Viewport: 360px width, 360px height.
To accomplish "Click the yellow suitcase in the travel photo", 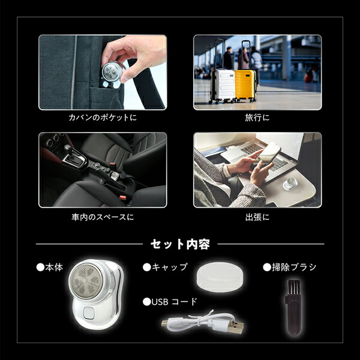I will point(245,85).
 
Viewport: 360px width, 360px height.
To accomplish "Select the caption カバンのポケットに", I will point(102,118).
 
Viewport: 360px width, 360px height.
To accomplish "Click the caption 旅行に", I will point(257,118).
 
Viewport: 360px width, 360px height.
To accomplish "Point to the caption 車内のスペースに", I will point(102,216).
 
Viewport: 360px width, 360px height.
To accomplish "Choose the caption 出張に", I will point(257,216).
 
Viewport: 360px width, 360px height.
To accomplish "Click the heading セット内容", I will point(179,244).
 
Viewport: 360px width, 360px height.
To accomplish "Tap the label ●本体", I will point(50,267).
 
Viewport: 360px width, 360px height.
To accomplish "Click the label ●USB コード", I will point(170,301).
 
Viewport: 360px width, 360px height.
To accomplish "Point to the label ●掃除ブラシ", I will point(290,267).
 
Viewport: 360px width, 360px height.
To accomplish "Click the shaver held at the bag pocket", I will point(110,73).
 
